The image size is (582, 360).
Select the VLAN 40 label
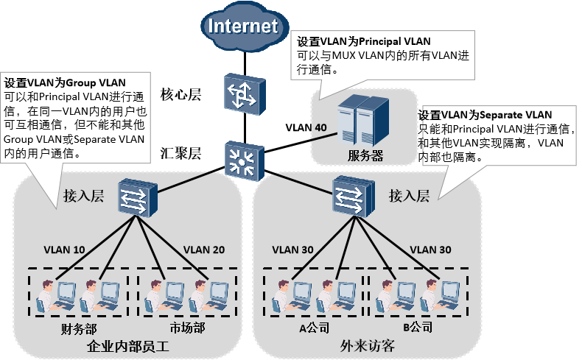tap(306, 127)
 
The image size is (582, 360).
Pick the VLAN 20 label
tap(203, 249)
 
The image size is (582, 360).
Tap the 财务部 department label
tap(78, 328)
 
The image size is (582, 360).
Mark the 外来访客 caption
tap(368, 345)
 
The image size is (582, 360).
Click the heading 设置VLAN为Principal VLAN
tap(363, 40)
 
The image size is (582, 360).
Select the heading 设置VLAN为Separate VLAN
tap(485, 115)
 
